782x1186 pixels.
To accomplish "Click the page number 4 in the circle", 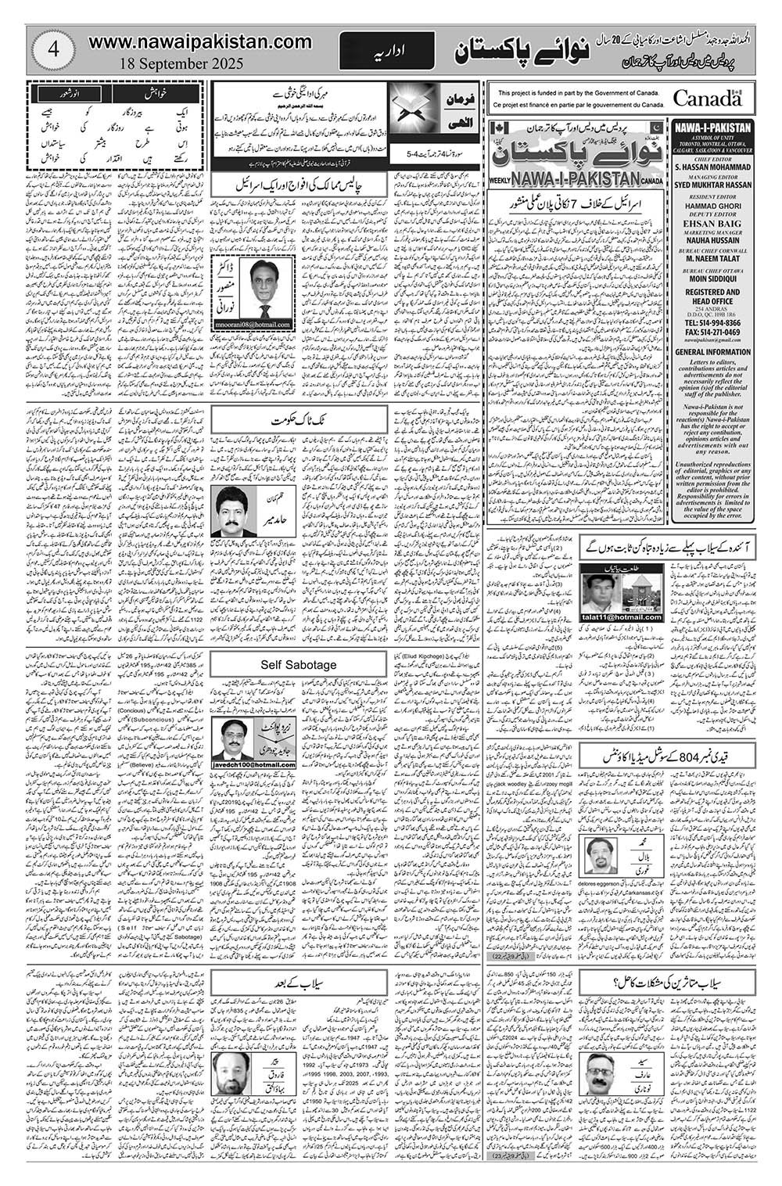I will tap(55, 49).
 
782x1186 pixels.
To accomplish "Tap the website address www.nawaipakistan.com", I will tap(201, 41).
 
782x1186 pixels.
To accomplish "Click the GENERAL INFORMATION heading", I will tap(712, 352).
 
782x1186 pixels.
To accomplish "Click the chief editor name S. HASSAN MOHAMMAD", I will tap(712, 167).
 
